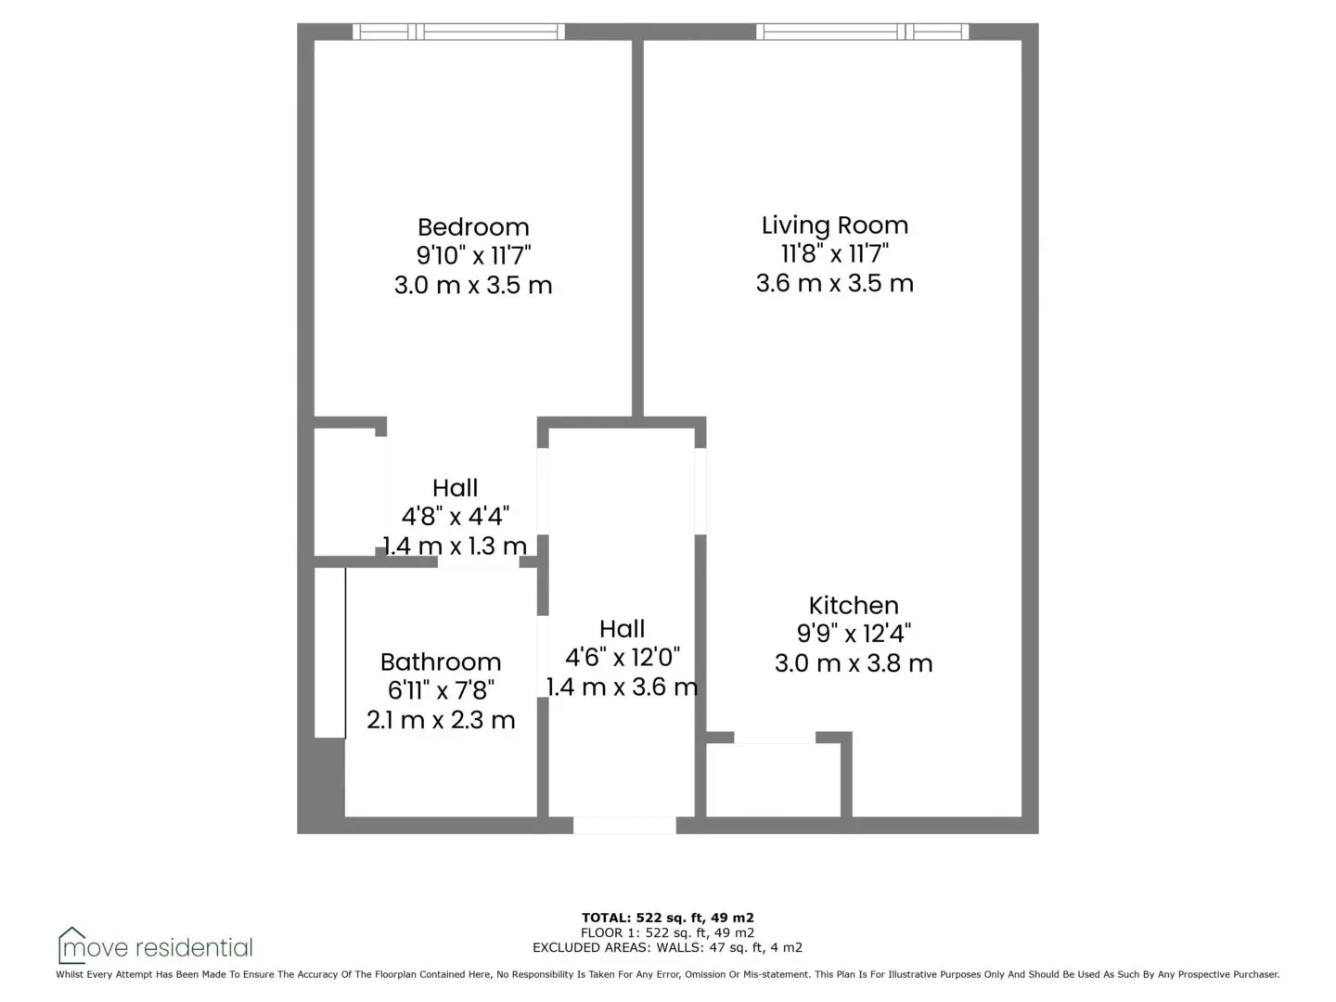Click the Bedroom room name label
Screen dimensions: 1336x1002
pyautogui.click(x=473, y=227)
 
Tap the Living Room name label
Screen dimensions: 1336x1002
pyautogui.click(x=834, y=225)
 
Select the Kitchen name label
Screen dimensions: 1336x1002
pyautogui.click(x=854, y=605)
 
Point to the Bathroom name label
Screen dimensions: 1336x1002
pyautogui.click(x=441, y=662)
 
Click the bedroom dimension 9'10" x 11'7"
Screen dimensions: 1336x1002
pyautogui.click(x=473, y=255)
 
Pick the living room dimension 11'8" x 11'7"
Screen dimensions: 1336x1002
pyautogui.click(x=834, y=253)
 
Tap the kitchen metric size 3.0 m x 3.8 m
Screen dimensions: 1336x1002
pyautogui.click(x=854, y=663)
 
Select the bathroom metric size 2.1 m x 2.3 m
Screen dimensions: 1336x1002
pyautogui.click(x=441, y=720)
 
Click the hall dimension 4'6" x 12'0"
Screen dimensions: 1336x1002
pyautogui.click(x=622, y=658)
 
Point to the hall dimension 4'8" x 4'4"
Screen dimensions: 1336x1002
pyautogui.click(x=456, y=517)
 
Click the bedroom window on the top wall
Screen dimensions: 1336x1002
pyautogui.click(x=458, y=32)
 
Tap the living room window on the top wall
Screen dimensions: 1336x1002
pyautogui.click(x=863, y=32)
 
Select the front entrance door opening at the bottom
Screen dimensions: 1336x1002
pyautogui.click(x=624, y=825)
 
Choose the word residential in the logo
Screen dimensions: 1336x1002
pyautogui.click(x=194, y=948)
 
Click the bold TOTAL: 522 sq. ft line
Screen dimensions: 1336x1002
pyautogui.click(x=668, y=918)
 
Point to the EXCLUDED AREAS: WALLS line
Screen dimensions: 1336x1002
pyautogui.click(x=668, y=947)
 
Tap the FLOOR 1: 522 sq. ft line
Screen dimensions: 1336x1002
pyautogui.click(x=668, y=932)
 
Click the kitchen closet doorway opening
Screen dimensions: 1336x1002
pyautogui.click(x=775, y=738)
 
